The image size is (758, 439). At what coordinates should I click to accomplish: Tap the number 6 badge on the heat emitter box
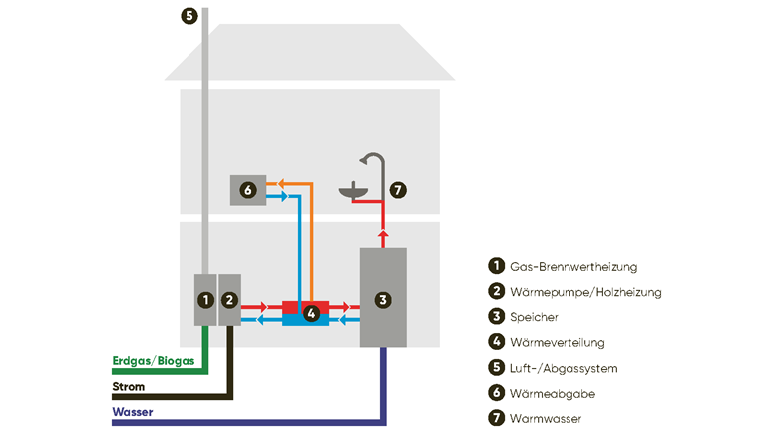248,189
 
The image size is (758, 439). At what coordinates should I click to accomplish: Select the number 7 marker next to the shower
398,189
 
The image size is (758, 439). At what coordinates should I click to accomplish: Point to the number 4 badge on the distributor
311,313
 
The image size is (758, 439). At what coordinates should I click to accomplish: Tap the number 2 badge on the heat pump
228,299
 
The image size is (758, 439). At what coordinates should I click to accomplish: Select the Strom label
129,386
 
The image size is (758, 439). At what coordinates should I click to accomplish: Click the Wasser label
133,412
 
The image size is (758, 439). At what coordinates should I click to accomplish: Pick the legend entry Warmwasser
545,419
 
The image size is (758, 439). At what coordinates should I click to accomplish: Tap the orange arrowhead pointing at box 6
281,184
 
